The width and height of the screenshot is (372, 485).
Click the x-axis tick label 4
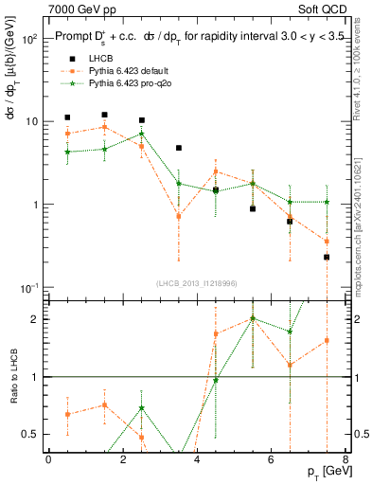point(197,459)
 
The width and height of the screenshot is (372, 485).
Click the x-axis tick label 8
point(345,459)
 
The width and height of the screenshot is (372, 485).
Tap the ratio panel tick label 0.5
point(31,435)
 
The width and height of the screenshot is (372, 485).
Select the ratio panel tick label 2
point(36,319)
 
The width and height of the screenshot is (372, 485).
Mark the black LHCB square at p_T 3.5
point(179,148)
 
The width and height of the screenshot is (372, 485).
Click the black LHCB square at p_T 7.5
point(327,257)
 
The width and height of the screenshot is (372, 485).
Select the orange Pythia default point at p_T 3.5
point(179,216)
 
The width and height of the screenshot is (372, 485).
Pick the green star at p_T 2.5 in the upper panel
point(141,134)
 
